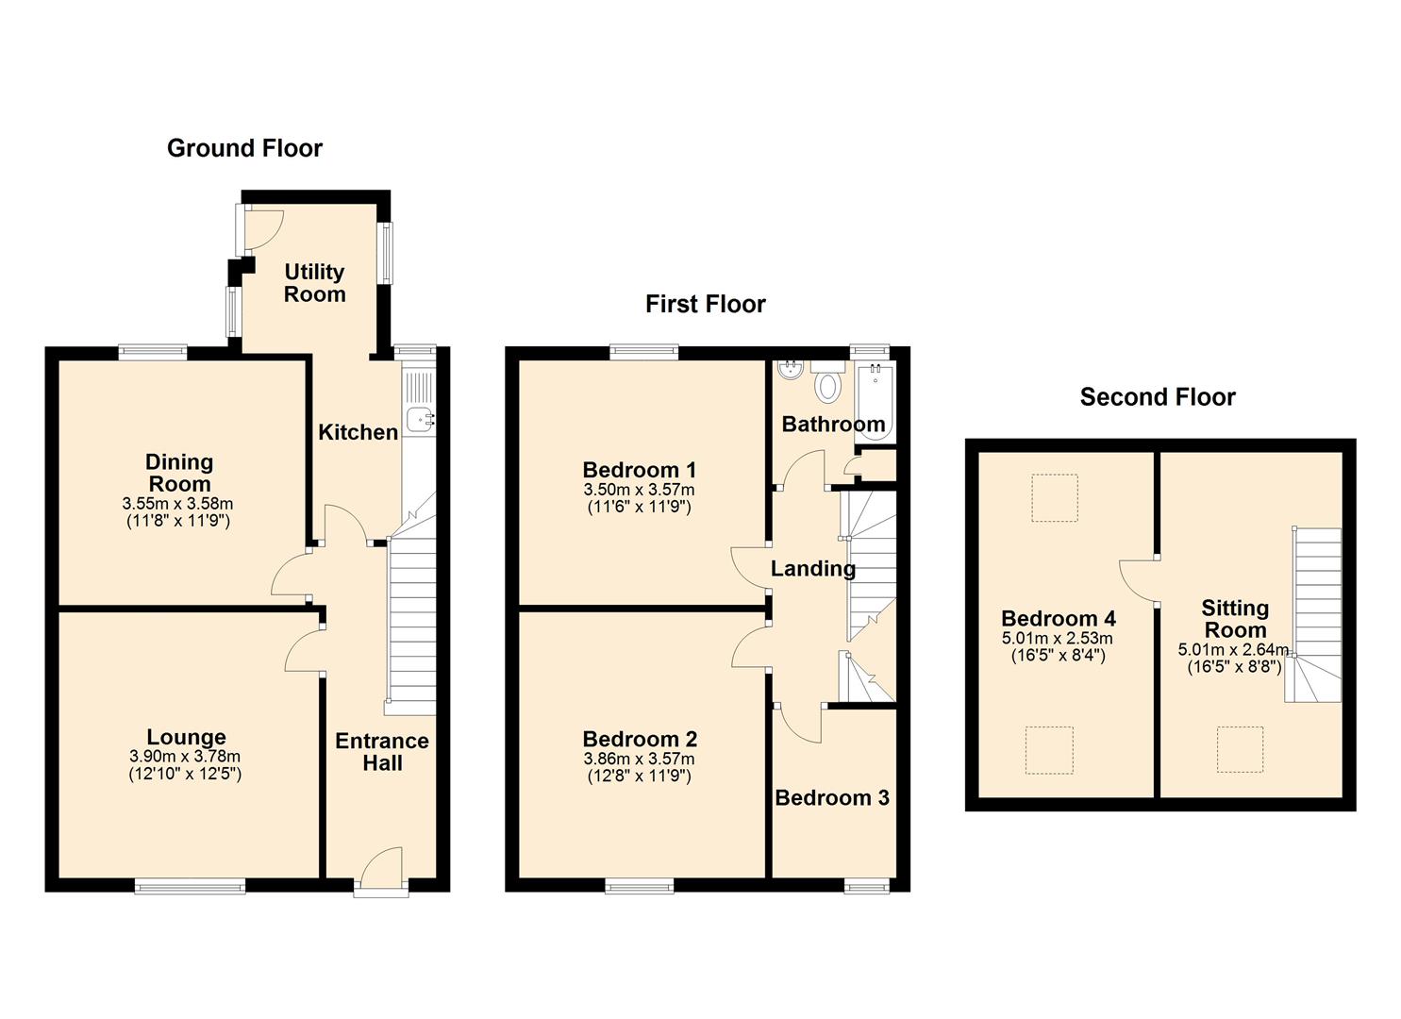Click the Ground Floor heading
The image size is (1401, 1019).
(x=244, y=148)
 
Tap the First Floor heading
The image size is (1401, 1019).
(x=705, y=304)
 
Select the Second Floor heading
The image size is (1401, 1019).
(x=1157, y=397)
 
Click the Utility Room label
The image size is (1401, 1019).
(x=314, y=283)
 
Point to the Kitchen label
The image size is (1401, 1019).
(x=358, y=432)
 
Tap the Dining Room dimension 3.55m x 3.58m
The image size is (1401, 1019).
(x=177, y=503)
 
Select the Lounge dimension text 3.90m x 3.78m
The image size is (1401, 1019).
(x=185, y=757)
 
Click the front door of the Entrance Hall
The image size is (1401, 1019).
(x=382, y=870)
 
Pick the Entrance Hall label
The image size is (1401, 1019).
(x=382, y=752)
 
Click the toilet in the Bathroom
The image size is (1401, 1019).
(x=828, y=385)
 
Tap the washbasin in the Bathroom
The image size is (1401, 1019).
(x=789, y=371)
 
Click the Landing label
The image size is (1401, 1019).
(x=812, y=568)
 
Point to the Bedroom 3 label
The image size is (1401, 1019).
(x=831, y=798)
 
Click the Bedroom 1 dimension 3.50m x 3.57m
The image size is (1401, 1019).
(x=639, y=490)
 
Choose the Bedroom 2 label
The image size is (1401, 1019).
(x=639, y=739)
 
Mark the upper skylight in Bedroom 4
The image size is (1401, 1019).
(x=1054, y=497)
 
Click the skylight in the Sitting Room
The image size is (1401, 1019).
(x=1239, y=749)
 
